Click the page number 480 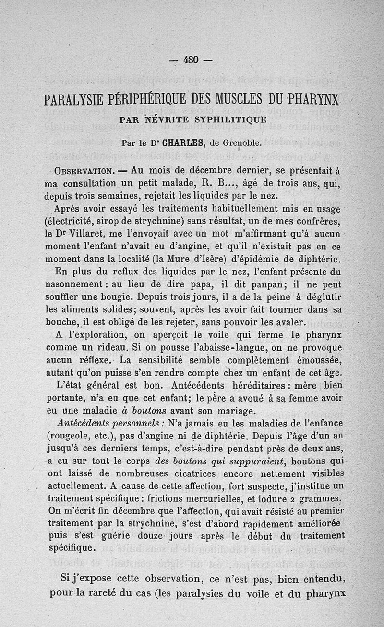tap(191, 59)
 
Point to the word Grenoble tap(232, 142)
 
